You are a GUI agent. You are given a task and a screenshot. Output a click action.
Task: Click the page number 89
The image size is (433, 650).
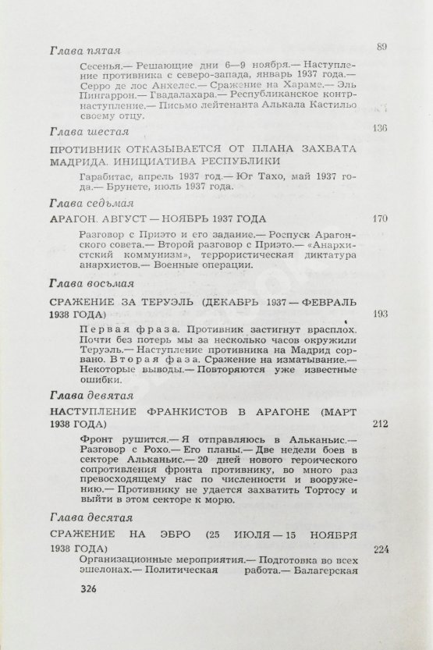[x=381, y=47]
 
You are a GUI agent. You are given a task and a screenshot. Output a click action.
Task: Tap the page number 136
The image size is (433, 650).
[x=381, y=128]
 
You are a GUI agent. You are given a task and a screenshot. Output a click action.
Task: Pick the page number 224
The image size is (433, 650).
[x=381, y=547]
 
